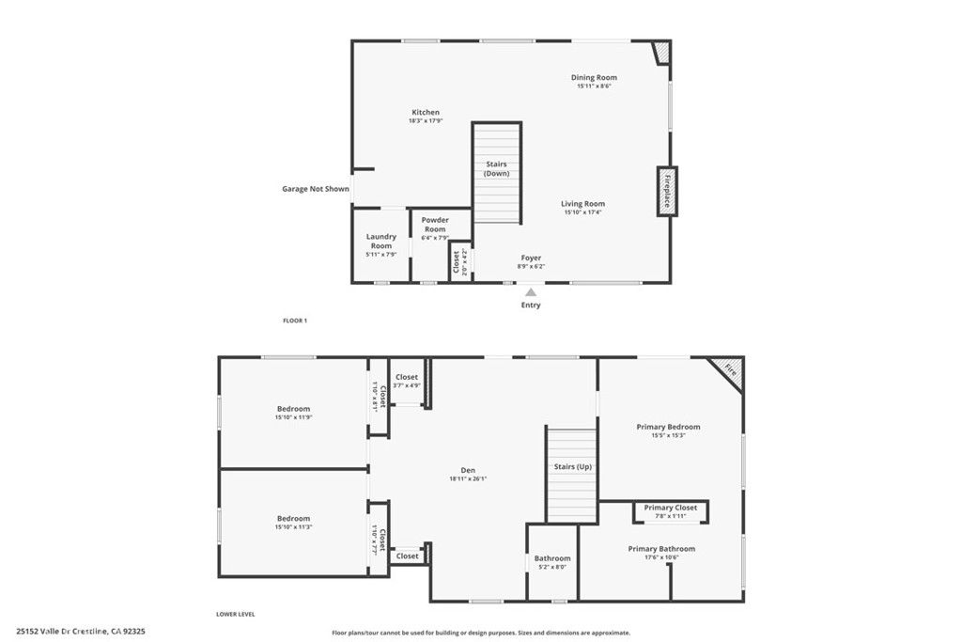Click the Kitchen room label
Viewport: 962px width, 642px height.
tap(425, 113)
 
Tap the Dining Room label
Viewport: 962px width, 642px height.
tap(594, 78)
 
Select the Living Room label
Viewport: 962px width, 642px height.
tap(582, 204)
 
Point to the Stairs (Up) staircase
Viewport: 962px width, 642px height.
tap(571, 475)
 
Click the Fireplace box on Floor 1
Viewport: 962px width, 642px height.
tap(667, 191)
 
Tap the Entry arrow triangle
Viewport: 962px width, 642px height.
tap(531, 292)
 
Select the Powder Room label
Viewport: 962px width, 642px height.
tap(435, 225)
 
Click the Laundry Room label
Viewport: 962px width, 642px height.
tap(380, 242)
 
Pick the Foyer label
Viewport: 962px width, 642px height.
tap(531, 258)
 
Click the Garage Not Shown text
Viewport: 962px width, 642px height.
tap(316, 189)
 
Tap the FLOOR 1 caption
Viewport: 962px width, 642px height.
tap(295, 321)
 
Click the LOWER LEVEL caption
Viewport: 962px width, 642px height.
tap(236, 614)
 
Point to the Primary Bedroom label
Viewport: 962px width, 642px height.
tap(668, 427)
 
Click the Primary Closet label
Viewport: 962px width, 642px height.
tap(671, 508)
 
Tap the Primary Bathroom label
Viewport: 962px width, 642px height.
tap(661, 549)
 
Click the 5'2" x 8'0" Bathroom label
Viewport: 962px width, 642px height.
tap(552, 558)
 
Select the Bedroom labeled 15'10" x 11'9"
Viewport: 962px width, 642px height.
tap(293, 409)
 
